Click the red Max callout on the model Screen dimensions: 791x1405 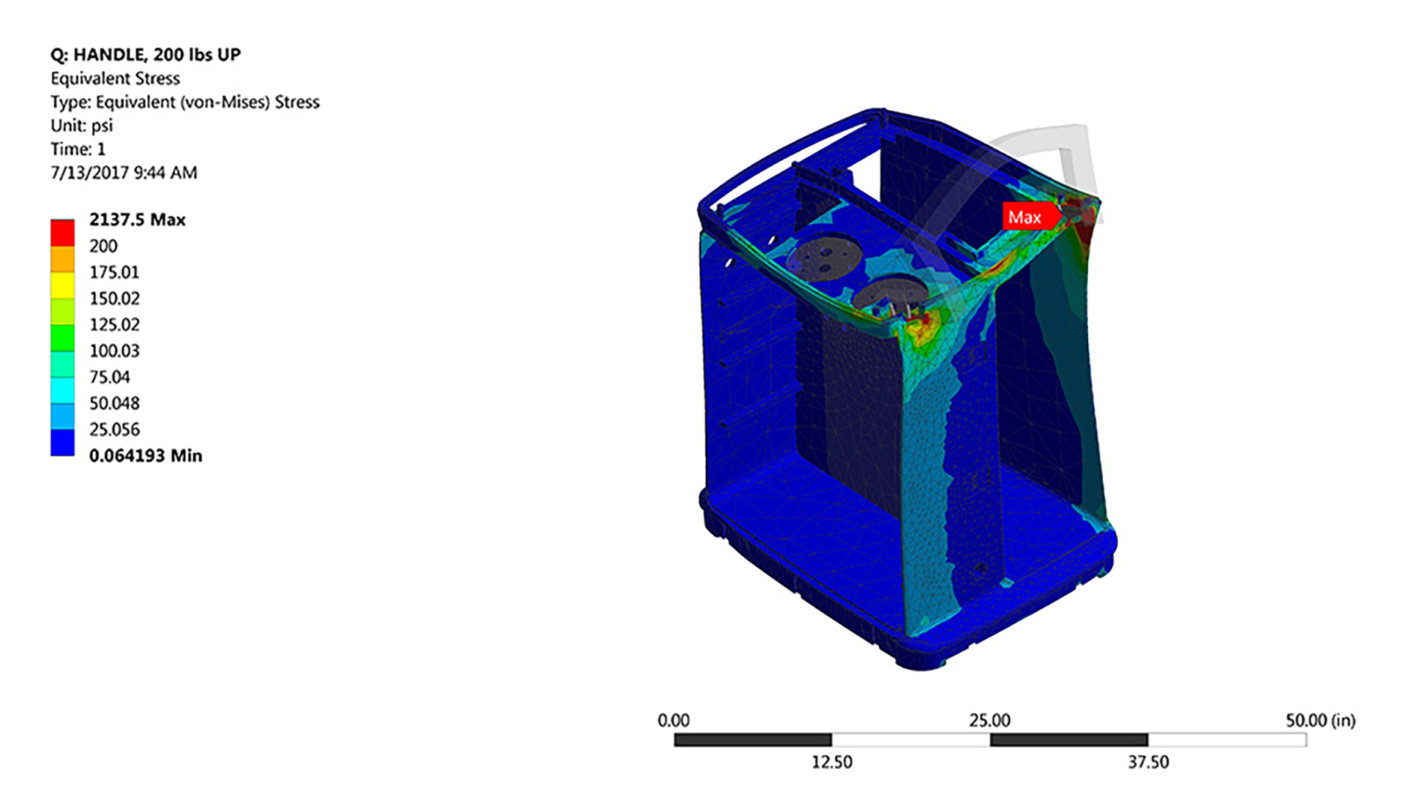1026,217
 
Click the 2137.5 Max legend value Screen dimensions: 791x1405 137,220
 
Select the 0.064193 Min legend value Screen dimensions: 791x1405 145,456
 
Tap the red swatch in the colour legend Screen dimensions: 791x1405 62,233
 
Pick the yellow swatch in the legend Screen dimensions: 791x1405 62,285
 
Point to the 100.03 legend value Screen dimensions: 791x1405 114,350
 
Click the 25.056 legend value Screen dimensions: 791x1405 114,430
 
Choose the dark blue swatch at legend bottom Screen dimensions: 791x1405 62,443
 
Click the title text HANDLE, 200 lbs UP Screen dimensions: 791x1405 157,55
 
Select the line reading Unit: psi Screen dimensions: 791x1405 81,125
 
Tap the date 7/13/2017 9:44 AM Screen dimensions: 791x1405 124,173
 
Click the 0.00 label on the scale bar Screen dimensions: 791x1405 673,721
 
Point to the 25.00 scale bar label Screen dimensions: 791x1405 989,721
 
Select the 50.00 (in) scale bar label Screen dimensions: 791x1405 1320,721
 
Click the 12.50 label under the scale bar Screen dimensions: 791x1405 831,762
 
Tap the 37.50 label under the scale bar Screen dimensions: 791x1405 1147,762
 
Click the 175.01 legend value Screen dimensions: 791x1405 114,272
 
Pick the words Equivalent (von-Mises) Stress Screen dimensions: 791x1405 207,102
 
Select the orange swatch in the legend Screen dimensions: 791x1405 62,259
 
